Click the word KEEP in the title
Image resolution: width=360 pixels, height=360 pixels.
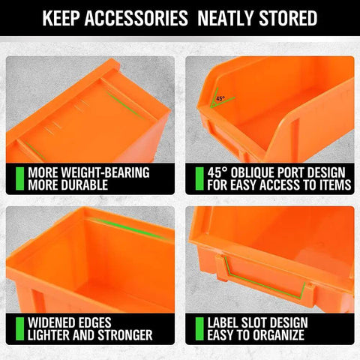tap(61, 19)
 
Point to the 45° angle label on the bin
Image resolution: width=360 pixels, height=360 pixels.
tap(219, 99)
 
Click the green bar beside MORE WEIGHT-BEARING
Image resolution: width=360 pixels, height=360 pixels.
tap(19, 178)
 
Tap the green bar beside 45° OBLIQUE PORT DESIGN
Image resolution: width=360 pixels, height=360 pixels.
tap(199, 178)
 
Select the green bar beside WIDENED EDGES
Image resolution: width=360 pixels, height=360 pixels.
tap(19, 328)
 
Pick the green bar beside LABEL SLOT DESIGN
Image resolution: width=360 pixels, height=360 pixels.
tap(199, 328)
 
